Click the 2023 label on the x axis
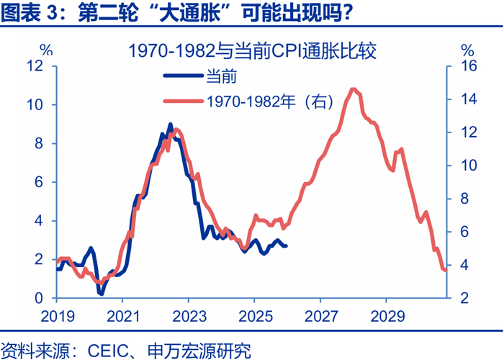coord(188,315)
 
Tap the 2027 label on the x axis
coord(320,315)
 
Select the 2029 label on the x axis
coord(386,315)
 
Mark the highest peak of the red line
coord(352,89)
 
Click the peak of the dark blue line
coord(170,124)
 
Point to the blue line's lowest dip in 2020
coord(102,294)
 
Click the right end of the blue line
coord(287,246)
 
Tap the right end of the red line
coord(445,270)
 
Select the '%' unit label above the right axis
coord(467,50)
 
